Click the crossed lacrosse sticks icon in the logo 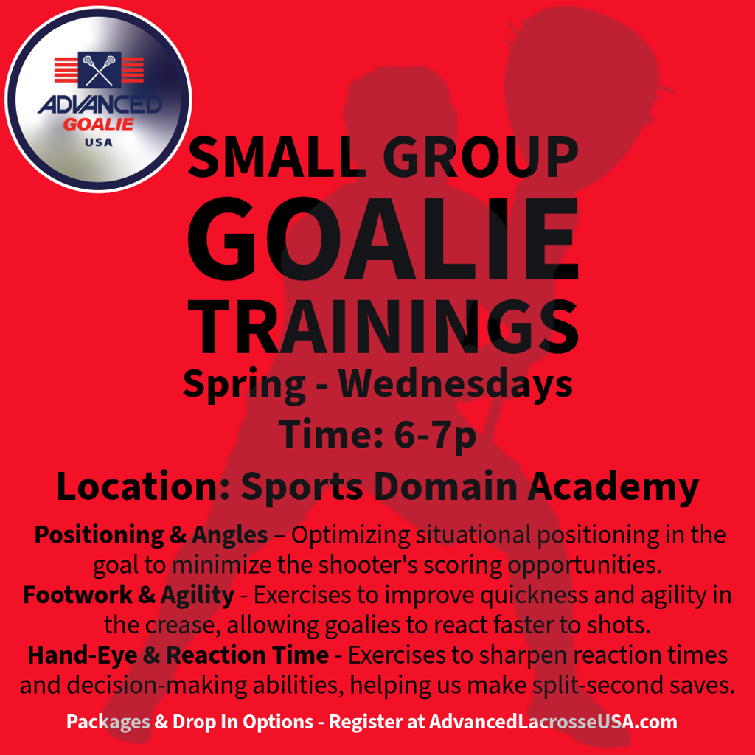coord(99,69)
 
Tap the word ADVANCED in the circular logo coord(100,105)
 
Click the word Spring coord(244,384)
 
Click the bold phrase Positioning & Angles coord(151,535)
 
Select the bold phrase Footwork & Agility coord(128,595)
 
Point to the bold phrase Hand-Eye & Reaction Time coord(178,655)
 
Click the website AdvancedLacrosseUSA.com coord(553,721)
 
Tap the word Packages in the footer coord(108,721)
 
